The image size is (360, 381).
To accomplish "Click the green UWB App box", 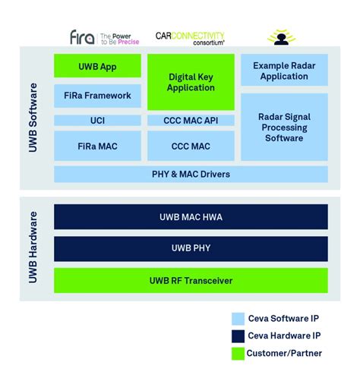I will pos(97,66).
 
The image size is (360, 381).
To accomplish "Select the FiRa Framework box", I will pos(97,96).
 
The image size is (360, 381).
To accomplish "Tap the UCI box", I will pos(97,120).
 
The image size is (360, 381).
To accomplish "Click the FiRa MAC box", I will pos(97,145).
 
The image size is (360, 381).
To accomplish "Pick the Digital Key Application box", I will pos(191,82).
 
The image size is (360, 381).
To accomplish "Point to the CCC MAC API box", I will pos(191,120).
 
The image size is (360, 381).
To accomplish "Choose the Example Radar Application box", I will pos(284,70).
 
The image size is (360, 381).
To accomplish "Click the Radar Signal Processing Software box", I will pos(284,127).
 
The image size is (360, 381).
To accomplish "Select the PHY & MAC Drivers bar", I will pos(191,174).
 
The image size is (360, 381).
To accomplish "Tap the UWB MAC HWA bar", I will pos(191,217).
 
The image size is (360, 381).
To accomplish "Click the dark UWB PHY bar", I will pos(191,249).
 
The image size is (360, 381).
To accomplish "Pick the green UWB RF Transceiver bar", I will pos(191,281).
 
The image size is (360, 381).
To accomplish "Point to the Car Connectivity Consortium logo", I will pos(191,36).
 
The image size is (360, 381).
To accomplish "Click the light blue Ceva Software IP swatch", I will pos(238,320).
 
